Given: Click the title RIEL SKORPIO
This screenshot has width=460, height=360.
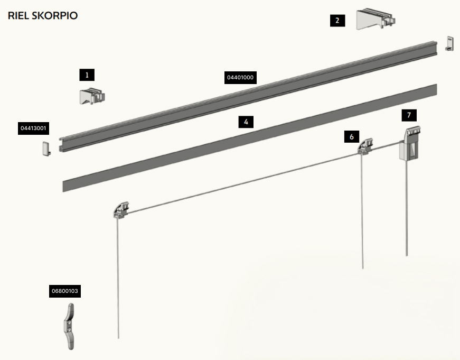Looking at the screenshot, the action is pyautogui.click(x=43, y=15).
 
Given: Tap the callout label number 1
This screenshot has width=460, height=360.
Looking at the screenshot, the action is pyautogui.click(x=87, y=75).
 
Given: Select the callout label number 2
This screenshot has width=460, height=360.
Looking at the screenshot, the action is pyautogui.click(x=337, y=21).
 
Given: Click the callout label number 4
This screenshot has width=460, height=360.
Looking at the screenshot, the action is pyautogui.click(x=246, y=122).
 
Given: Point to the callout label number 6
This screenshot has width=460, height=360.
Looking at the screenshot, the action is pyautogui.click(x=351, y=136).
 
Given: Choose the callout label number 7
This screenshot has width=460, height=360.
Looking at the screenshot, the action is pyautogui.click(x=409, y=115).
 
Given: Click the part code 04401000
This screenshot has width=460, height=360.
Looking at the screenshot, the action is pyautogui.click(x=240, y=78).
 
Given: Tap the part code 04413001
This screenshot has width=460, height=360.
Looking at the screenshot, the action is pyautogui.click(x=33, y=128).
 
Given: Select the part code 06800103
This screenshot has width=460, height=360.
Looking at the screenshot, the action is pyautogui.click(x=65, y=291).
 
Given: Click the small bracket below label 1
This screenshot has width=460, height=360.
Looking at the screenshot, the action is pyautogui.click(x=92, y=96).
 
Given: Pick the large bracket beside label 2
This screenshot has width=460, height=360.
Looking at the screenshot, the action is pyautogui.click(x=375, y=20).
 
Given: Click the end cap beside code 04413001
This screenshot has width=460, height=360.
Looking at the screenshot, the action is pyautogui.click(x=46, y=149).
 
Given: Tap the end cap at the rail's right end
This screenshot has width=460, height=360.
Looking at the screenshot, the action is pyautogui.click(x=449, y=43).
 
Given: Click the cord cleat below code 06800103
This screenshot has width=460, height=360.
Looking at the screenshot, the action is pyautogui.click(x=70, y=327).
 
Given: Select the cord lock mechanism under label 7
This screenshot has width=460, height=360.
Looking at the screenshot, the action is pyautogui.click(x=410, y=143).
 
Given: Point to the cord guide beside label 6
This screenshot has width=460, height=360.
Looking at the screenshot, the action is pyautogui.click(x=365, y=146).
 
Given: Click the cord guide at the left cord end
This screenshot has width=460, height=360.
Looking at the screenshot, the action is pyautogui.click(x=121, y=210).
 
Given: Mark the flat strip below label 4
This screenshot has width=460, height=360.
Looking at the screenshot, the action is pyautogui.click(x=250, y=138).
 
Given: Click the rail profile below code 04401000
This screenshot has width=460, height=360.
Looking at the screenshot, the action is pyautogui.click(x=248, y=97).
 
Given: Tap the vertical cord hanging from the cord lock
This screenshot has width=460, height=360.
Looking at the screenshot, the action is pyautogui.click(x=406, y=208).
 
